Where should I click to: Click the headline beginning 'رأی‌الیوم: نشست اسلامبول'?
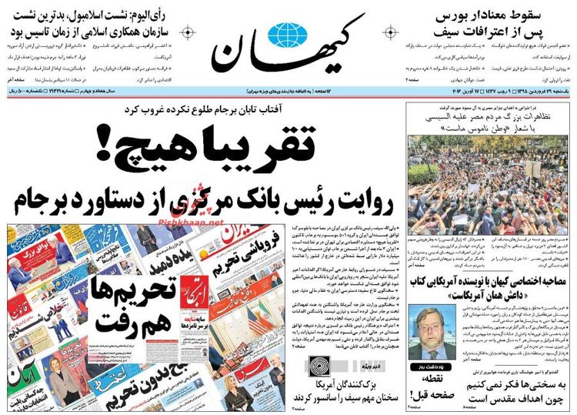101,15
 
